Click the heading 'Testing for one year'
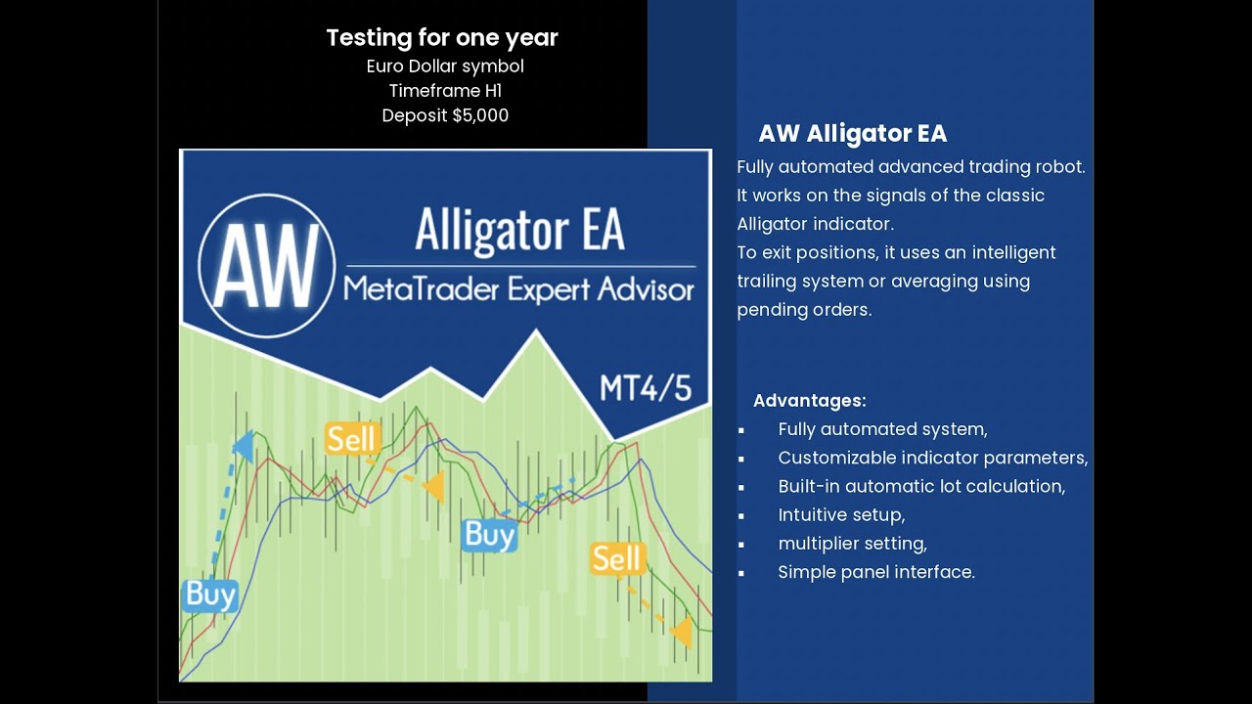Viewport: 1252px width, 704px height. click(442, 38)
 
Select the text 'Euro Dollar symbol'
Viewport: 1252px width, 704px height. click(445, 66)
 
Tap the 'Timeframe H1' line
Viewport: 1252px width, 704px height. click(445, 91)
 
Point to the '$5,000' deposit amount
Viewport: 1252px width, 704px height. click(479, 115)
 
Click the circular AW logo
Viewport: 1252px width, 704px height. click(266, 266)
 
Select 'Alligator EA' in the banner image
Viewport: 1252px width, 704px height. click(519, 231)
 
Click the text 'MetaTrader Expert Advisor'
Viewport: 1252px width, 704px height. click(518, 290)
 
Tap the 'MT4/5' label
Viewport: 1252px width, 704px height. click(646, 388)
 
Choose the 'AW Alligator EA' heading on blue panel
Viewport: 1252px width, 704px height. click(852, 134)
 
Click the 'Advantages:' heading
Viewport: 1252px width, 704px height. click(809, 401)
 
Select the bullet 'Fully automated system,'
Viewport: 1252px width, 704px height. click(882, 429)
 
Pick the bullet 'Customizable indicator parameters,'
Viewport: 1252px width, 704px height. click(932, 458)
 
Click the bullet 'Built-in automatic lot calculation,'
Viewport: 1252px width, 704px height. click(921, 486)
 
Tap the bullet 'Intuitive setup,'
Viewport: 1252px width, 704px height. click(841, 514)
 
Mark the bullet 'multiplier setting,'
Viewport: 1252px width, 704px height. click(852, 543)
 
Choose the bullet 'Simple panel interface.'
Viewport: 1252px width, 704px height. click(876, 572)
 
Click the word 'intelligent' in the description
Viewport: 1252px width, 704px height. click(1008, 252)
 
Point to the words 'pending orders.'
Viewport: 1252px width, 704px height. click(804, 310)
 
